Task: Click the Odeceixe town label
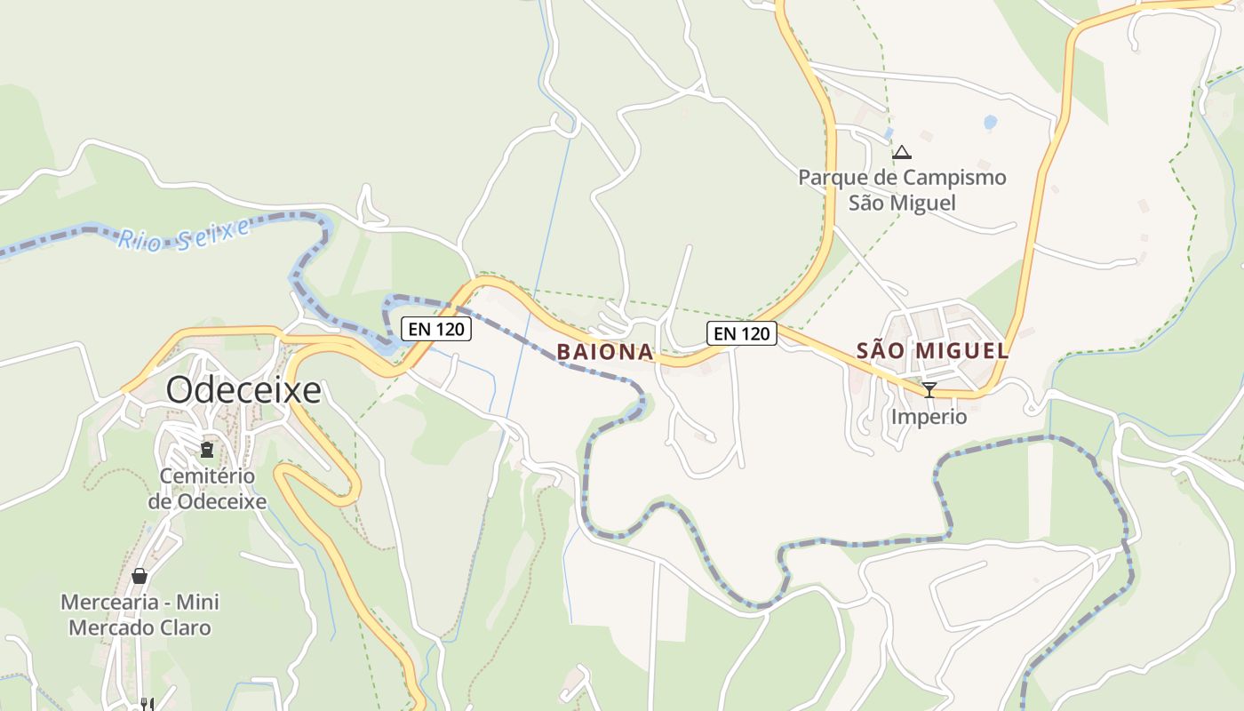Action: [243, 390]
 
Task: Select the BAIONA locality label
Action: [605, 352]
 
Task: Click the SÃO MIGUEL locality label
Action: [933, 350]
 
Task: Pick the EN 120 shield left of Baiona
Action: [435, 329]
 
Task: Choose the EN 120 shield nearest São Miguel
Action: [742, 333]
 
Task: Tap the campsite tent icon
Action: [902, 153]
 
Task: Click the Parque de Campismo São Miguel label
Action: [902, 189]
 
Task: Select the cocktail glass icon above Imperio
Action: [929, 389]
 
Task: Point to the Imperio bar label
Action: [929, 416]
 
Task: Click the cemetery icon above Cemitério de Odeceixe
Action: [207, 449]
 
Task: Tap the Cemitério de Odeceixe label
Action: [207, 488]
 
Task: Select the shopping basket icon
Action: [140, 576]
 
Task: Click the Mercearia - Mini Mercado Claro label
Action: [140, 614]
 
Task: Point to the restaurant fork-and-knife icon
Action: [148, 704]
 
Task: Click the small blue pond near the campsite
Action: [990, 121]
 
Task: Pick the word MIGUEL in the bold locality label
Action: [963, 350]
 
